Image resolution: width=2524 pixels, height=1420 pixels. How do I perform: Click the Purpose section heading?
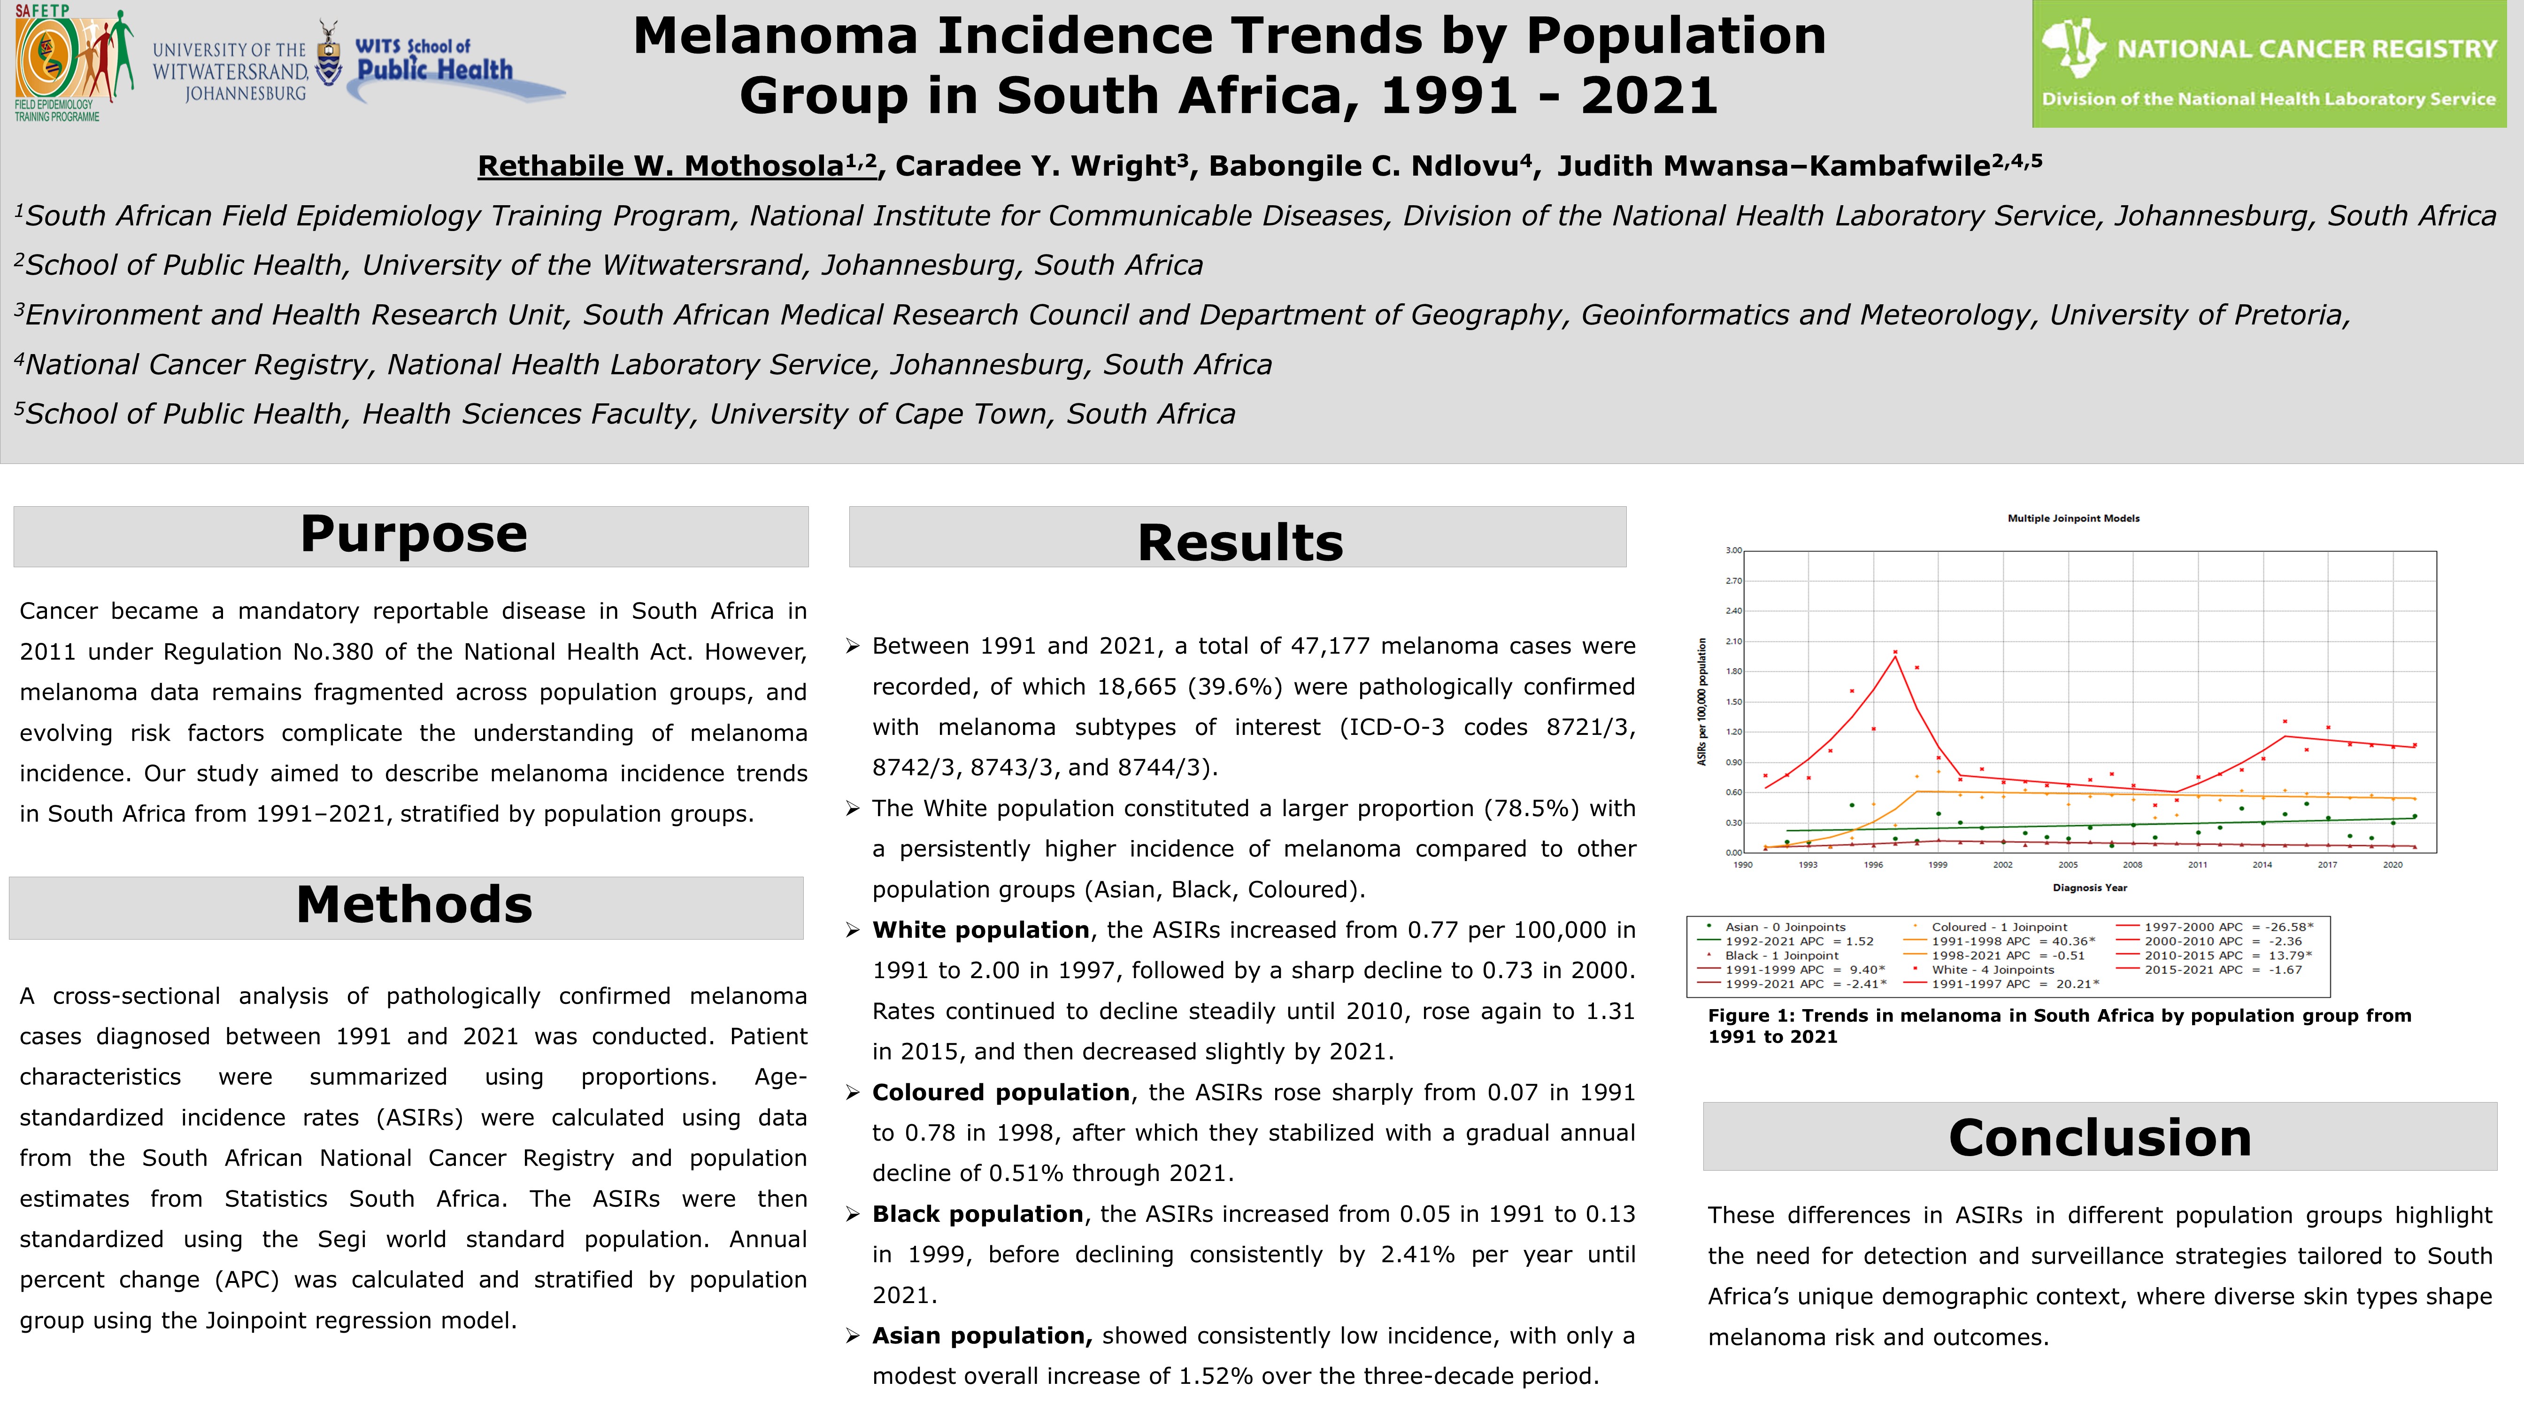click(414, 535)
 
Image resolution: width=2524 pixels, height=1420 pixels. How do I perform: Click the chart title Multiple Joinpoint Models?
click(2073, 518)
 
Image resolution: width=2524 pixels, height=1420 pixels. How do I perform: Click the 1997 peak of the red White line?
click(1895, 656)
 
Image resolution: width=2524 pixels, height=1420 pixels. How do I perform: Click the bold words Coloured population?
click(1000, 1093)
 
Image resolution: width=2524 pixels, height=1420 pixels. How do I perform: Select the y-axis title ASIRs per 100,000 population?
click(1702, 702)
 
